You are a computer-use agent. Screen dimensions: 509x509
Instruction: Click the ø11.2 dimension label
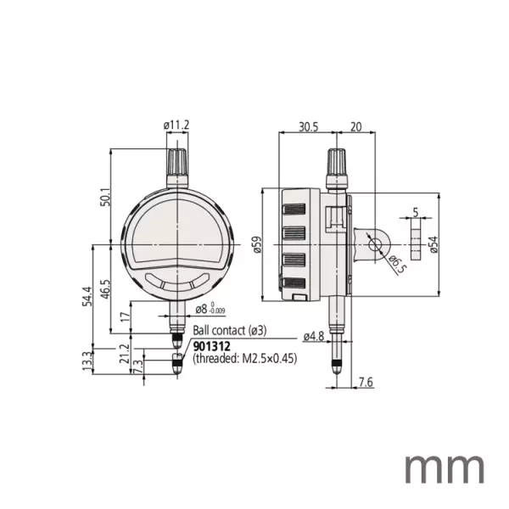click(176, 126)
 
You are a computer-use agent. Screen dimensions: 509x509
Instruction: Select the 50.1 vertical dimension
click(104, 197)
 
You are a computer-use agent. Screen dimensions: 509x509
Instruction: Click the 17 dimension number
click(126, 317)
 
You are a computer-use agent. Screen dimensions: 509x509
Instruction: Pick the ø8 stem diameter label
click(206, 310)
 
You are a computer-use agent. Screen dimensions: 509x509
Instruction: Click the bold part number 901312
click(212, 345)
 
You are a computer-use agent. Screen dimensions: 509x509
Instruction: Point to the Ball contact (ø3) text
click(230, 330)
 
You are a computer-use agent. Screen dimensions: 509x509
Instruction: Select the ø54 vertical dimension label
click(433, 245)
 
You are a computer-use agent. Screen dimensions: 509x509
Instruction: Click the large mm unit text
click(444, 468)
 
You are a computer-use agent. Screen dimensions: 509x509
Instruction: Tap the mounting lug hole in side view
click(373, 245)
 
